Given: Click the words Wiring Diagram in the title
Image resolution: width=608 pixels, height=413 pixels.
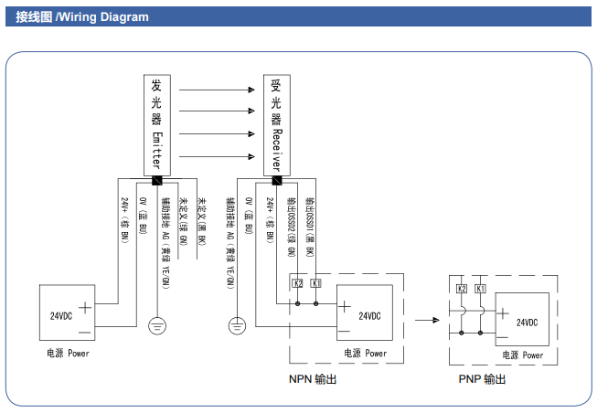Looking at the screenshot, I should pos(103,16).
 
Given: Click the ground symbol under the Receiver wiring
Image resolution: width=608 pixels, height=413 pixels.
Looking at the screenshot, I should pos(237,324).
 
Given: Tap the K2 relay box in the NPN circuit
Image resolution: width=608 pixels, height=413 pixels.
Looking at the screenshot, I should pos(297,284).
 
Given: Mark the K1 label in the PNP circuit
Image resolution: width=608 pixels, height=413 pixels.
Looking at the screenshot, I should pos(480,289).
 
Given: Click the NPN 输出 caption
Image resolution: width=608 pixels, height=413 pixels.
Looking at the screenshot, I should pos(313,378).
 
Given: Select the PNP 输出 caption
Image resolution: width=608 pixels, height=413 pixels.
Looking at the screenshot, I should pos(482,378).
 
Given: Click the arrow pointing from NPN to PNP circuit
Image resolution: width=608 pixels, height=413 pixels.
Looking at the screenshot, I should pos(421,319).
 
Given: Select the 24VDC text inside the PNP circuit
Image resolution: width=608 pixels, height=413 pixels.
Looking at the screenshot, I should pos(528,323).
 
